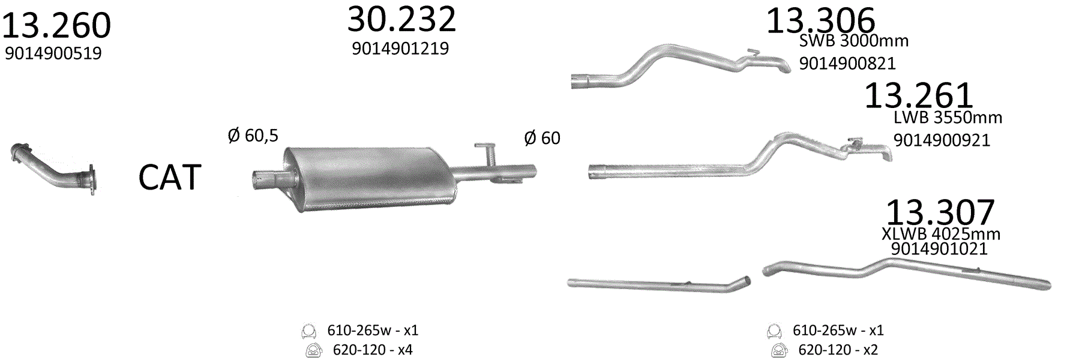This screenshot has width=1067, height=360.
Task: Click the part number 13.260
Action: tap(57, 25)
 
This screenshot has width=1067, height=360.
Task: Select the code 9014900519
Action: tap(53, 53)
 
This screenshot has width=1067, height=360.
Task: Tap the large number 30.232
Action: tap(401, 19)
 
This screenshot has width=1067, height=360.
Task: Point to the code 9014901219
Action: tap(400, 48)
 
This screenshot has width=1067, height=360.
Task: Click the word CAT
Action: tap(169, 178)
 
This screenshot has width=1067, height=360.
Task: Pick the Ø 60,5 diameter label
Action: tap(253, 136)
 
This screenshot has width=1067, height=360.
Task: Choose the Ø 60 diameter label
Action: tap(542, 138)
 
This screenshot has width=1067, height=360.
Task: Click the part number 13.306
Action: tap(821, 21)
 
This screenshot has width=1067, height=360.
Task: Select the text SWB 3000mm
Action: tap(854, 41)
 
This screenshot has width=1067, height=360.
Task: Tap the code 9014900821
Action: tap(847, 63)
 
